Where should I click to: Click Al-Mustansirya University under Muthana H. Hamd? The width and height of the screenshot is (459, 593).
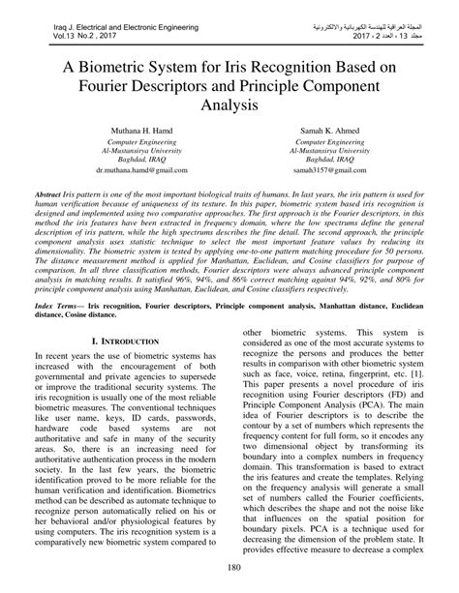coord(128,151)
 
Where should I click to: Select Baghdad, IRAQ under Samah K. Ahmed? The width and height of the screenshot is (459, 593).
coord(327,160)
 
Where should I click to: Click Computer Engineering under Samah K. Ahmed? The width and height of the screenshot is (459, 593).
coord(327,141)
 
